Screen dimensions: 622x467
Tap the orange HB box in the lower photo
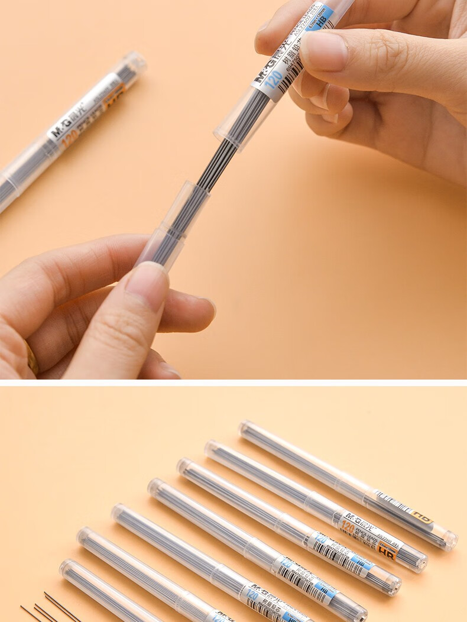[388, 552]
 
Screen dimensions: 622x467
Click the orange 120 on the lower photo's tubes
[348, 526]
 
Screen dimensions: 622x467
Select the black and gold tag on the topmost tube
[421, 519]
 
